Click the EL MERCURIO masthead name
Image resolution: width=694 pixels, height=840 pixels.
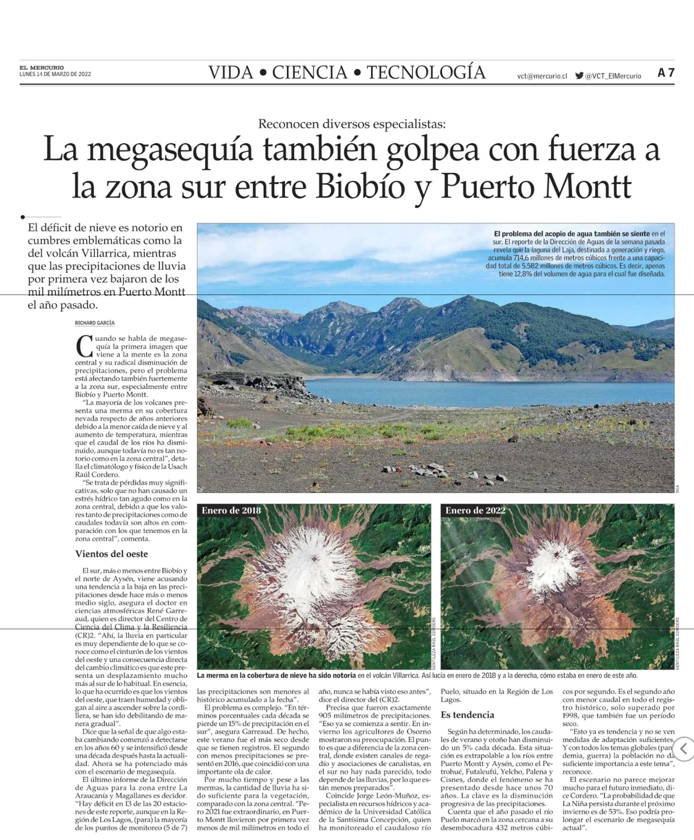click(41, 68)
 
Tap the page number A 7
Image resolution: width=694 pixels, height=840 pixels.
click(666, 73)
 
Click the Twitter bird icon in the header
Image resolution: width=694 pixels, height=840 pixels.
click(579, 75)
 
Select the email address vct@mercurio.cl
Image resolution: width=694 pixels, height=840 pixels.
click(542, 76)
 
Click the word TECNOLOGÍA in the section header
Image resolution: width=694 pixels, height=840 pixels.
click(426, 73)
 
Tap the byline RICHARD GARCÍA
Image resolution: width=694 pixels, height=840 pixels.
click(95, 323)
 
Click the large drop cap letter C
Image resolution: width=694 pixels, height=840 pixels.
click(84, 347)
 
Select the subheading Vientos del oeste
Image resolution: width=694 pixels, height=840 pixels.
click(112, 554)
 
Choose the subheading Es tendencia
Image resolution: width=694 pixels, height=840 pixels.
click(467, 715)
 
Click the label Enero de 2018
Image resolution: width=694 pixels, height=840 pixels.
click(231, 510)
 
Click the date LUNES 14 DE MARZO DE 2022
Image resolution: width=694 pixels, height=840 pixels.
click(55, 74)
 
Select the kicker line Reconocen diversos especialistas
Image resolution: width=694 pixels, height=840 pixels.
click(351, 124)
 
